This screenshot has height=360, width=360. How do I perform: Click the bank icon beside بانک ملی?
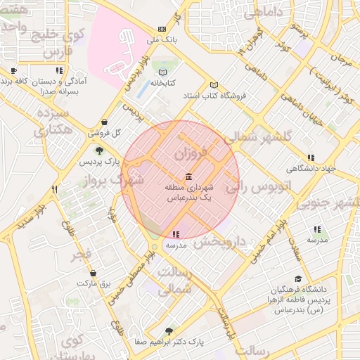point(163,29)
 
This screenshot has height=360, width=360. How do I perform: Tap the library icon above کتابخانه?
point(163,72)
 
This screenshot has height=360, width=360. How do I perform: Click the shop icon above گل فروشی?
point(105,122)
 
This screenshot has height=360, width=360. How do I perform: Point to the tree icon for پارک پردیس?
point(98,150)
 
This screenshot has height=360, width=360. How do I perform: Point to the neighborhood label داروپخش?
point(220,242)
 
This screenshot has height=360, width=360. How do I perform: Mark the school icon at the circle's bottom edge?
point(175,234)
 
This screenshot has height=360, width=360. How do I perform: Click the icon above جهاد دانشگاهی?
point(311,157)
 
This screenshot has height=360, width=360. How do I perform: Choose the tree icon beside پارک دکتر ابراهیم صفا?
point(168,330)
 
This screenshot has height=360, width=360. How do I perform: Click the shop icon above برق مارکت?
point(94,272)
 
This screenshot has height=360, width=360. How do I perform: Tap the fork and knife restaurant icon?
point(54,189)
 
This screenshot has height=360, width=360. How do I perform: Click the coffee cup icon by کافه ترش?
point(14,71)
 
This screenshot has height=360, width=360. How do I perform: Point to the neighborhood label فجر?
point(82,255)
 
